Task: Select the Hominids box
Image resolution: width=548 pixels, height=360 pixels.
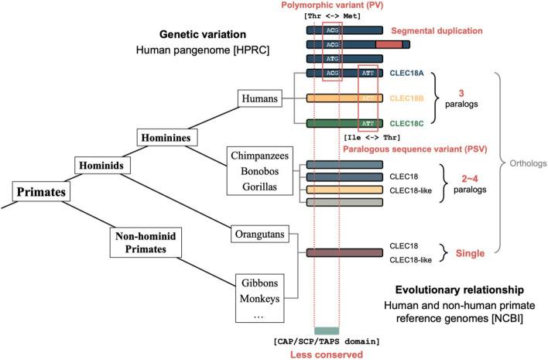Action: pos(101,164)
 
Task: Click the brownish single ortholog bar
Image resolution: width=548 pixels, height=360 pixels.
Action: pos(344,252)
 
